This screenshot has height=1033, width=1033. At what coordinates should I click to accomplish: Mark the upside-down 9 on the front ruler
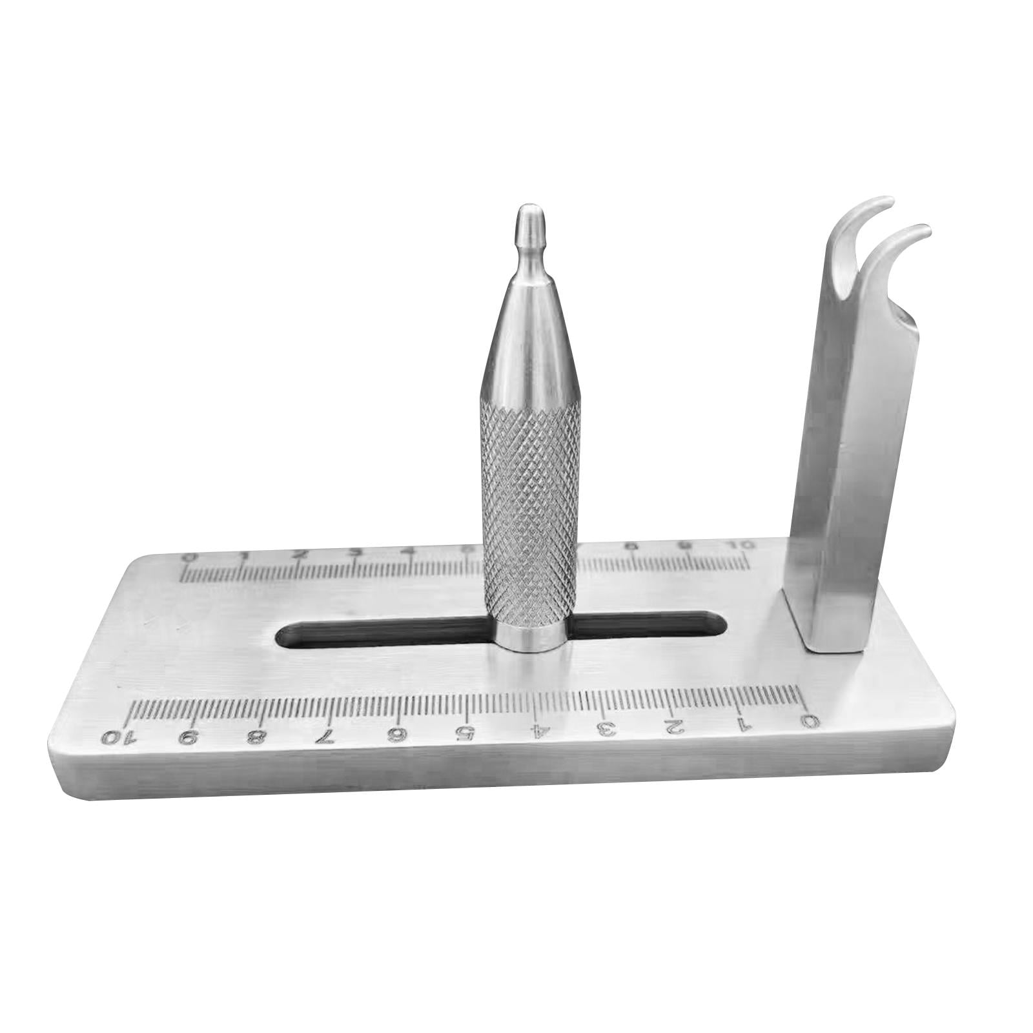point(187,735)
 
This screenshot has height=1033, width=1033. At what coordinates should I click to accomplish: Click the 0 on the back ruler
point(188,557)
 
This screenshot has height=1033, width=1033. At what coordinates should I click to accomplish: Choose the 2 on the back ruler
point(300,555)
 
